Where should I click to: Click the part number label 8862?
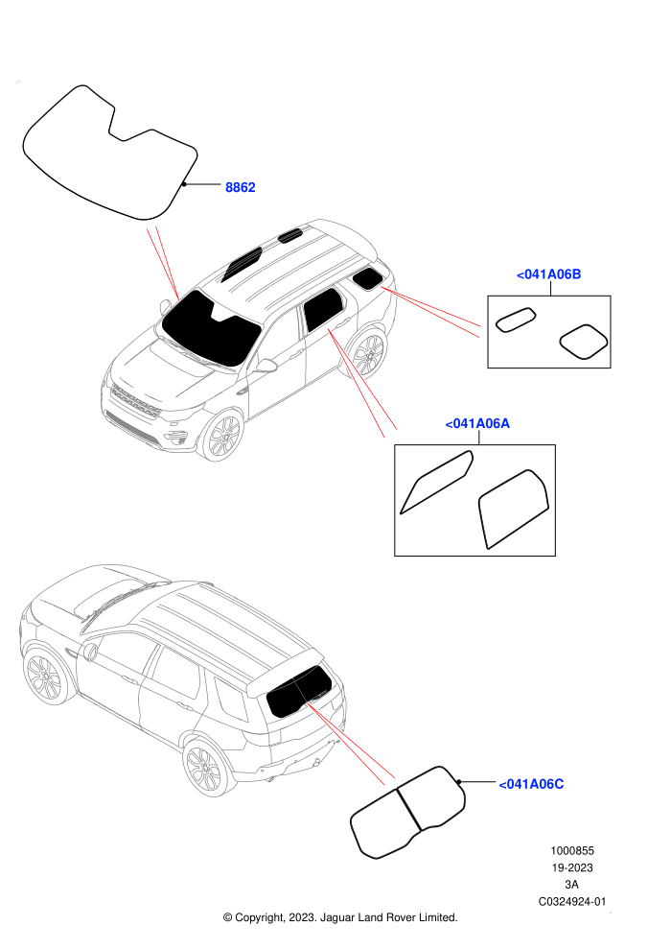(241, 187)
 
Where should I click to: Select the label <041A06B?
(548, 274)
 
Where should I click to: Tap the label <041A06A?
(477, 423)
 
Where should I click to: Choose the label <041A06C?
(531, 784)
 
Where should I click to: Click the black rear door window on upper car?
(323, 309)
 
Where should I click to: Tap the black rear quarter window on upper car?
(367, 279)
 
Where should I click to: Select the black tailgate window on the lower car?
(300, 690)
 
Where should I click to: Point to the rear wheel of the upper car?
(368, 354)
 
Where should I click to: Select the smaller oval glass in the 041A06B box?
(516, 320)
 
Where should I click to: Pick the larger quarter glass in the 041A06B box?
(583, 342)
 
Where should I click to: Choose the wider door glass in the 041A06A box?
(513, 509)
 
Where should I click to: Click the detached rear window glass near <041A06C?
(407, 813)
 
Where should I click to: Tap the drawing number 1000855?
(571, 850)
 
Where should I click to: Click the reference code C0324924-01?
(571, 901)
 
